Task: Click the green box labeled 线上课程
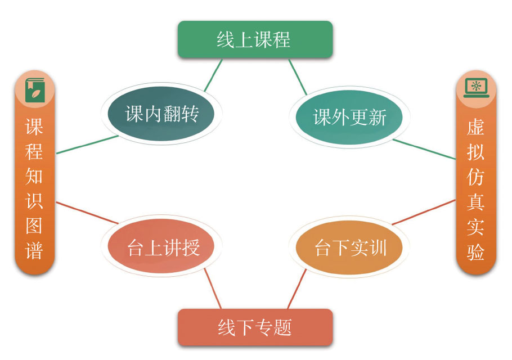tap(255, 39)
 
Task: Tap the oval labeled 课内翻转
tap(161, 115)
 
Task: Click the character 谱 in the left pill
tap(34, 251)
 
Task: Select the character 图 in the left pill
tap(34, 226)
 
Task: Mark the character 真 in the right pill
tap(476, 202)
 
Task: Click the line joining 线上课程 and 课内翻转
tap(213, 76)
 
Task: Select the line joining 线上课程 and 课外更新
tap(298, 76)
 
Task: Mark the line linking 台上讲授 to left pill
tap(87, 213)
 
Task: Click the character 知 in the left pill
tap(34, 176)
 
